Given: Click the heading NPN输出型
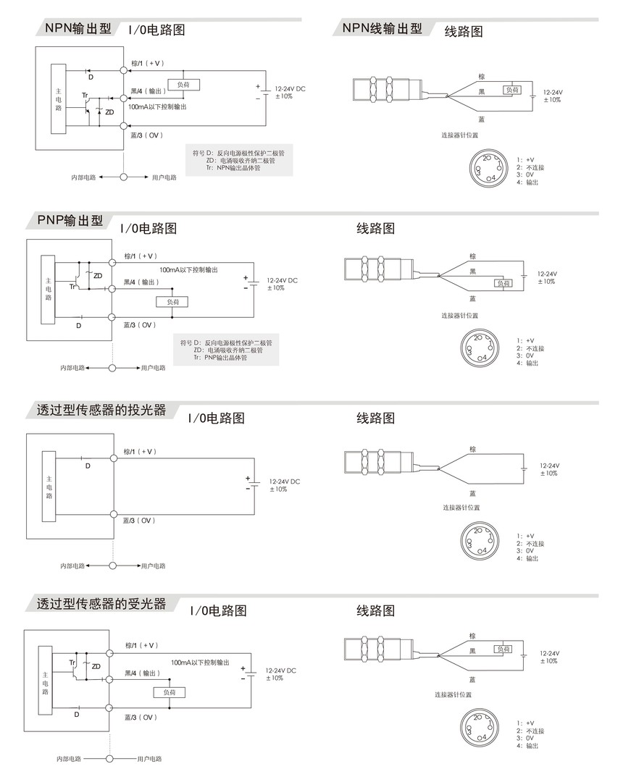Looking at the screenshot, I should (78, 28).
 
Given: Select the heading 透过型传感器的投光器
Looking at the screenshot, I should (101, 410).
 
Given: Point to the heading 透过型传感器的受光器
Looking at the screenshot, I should (101, 603).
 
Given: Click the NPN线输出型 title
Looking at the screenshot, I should (382, 28).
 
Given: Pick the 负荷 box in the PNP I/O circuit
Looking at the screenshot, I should (172, 301).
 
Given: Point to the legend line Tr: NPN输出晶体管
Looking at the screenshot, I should (233, 167).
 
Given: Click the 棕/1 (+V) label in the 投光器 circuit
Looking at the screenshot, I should (140, 451).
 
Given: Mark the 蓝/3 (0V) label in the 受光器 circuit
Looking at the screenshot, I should (141, 717).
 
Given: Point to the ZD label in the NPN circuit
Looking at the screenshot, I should (109, 112).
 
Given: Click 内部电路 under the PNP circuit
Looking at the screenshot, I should (72, 368).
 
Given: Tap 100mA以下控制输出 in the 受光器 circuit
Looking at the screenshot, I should (200, 662).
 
